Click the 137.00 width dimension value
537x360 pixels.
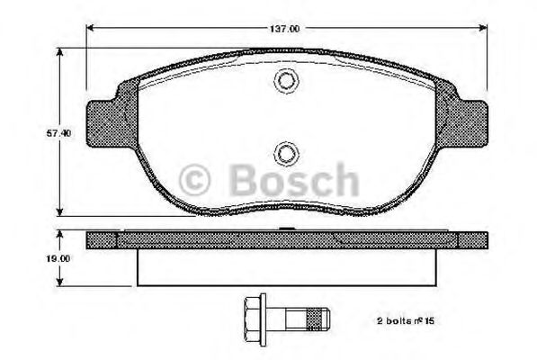tap(285, 29)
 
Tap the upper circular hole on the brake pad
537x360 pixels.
tap(285, 81)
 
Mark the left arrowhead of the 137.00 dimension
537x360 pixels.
tap(91, 29)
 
